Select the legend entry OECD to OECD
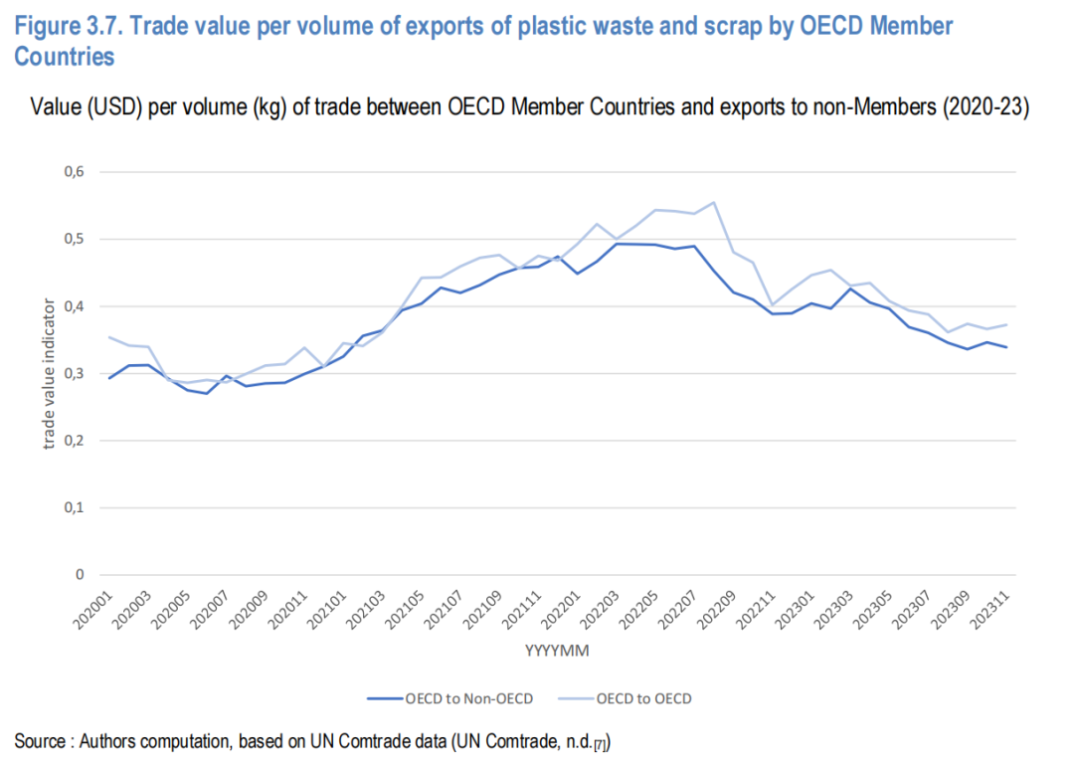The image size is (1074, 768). click(643, 698)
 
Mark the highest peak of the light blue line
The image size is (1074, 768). click(714, 202)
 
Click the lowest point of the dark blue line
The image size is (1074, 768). click(207, 393)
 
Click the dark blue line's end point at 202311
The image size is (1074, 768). click(1006, 347)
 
